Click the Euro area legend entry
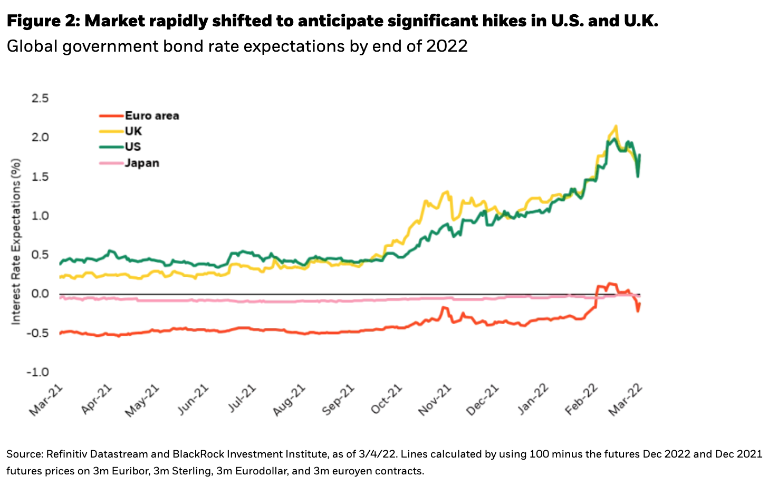pos(152,116)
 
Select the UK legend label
pos(133,131)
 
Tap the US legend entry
pos(133,147)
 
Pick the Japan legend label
pos(142,163)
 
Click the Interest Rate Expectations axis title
pos(16,241)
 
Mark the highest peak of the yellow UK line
pos(616,126)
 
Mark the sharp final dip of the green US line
pos(638,176)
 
